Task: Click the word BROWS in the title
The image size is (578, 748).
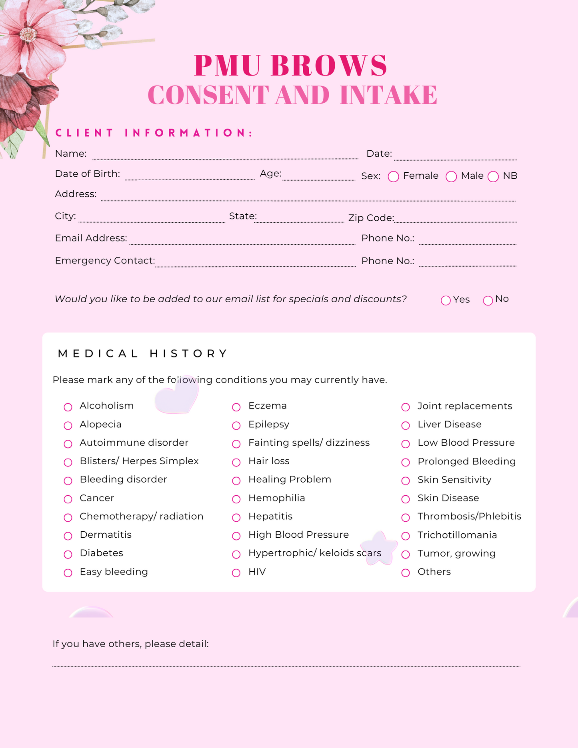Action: [x=329, y=66]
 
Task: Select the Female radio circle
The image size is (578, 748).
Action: [x=393, y=176]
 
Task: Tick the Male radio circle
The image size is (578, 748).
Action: [x=451, y=176]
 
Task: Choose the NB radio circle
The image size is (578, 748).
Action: [x=493, y=176]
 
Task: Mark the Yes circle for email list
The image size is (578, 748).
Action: [x=446, y=300]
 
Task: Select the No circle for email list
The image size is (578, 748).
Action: [x=488, y=300]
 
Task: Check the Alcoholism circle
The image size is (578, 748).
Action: [x=68, y=407]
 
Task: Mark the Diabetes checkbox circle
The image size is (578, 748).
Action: [x=68, y=555]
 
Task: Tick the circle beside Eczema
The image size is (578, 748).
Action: [x=236, y=407]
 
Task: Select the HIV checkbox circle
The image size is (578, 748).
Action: [x=236, y=573]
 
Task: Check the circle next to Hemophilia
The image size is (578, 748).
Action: [x=236, y=499]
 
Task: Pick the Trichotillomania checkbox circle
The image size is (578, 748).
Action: [x=406, y=536]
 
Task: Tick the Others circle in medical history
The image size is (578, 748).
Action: [x=406, y=573]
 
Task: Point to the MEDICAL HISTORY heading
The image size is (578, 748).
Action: [x=142, y=353]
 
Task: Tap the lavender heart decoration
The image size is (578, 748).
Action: [x=176, y=396]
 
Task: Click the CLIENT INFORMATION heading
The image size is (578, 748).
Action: [x=154, y=133]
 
